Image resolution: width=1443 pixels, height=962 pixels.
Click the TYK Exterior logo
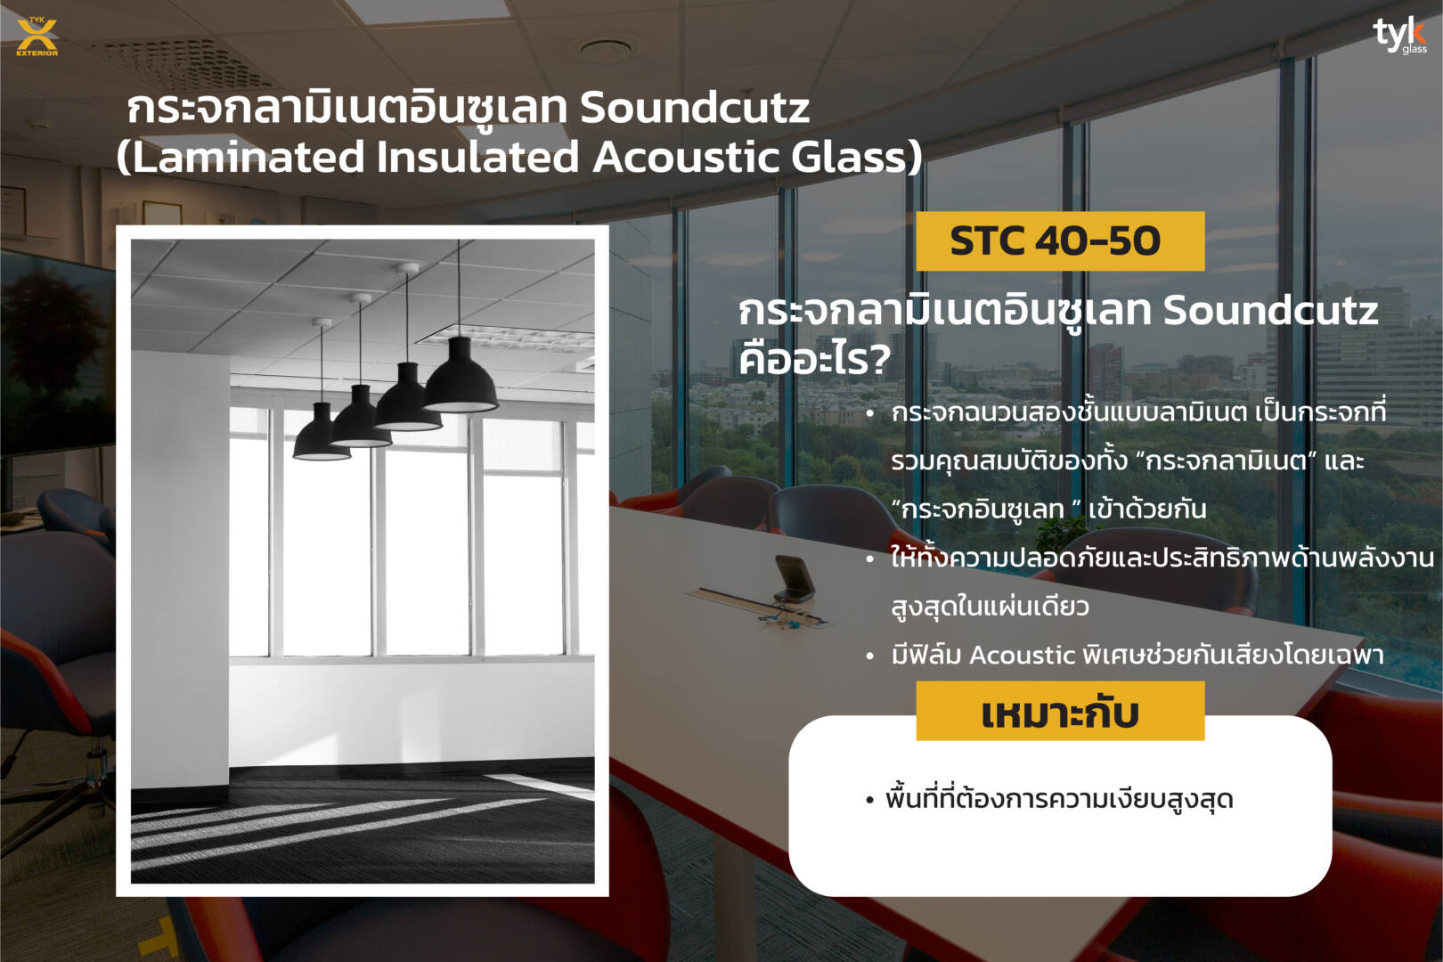click(37, 37)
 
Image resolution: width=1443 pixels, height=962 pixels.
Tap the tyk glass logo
click(1400, 36)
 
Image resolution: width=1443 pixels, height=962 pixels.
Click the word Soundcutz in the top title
click(695, 108)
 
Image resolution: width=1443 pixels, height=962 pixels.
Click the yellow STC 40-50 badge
click(1060, 241)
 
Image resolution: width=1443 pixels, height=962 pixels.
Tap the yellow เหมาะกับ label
click(1060, 711)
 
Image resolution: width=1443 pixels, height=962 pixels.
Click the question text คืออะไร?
click(815, 358)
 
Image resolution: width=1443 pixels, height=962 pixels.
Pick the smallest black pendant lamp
click(322, 433)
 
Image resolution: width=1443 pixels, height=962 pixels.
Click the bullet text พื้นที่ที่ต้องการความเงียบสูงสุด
click(1059, 799)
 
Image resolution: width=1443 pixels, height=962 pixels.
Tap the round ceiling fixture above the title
click(605, 48)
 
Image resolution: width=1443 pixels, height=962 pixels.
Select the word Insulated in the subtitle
click(478, 158)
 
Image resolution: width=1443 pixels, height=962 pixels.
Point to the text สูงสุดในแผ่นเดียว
click(991, 607)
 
